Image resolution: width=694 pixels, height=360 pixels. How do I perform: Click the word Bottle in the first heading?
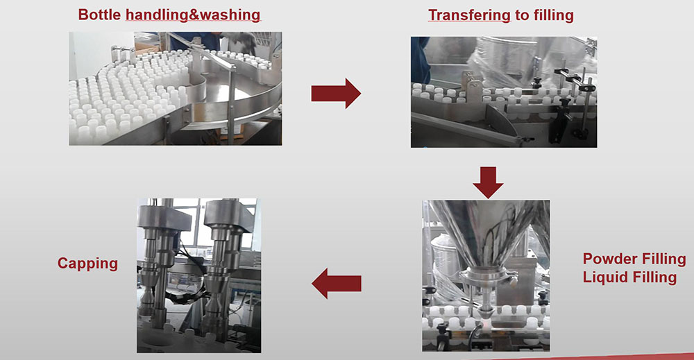[100, 15]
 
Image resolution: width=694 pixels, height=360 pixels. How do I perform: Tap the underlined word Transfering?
[468, 15]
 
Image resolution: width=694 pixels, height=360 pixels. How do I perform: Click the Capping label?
[87, 264]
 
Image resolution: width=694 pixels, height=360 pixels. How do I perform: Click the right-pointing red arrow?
[335, 93]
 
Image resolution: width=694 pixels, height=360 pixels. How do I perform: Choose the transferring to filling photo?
[503, 92]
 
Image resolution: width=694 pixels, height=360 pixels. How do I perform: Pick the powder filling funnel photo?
[486, 275]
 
